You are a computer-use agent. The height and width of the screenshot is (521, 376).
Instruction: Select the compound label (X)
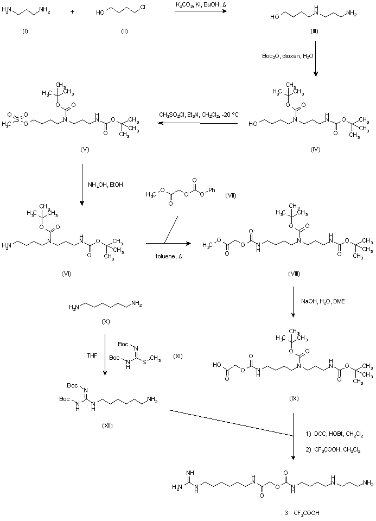(106, 322)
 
